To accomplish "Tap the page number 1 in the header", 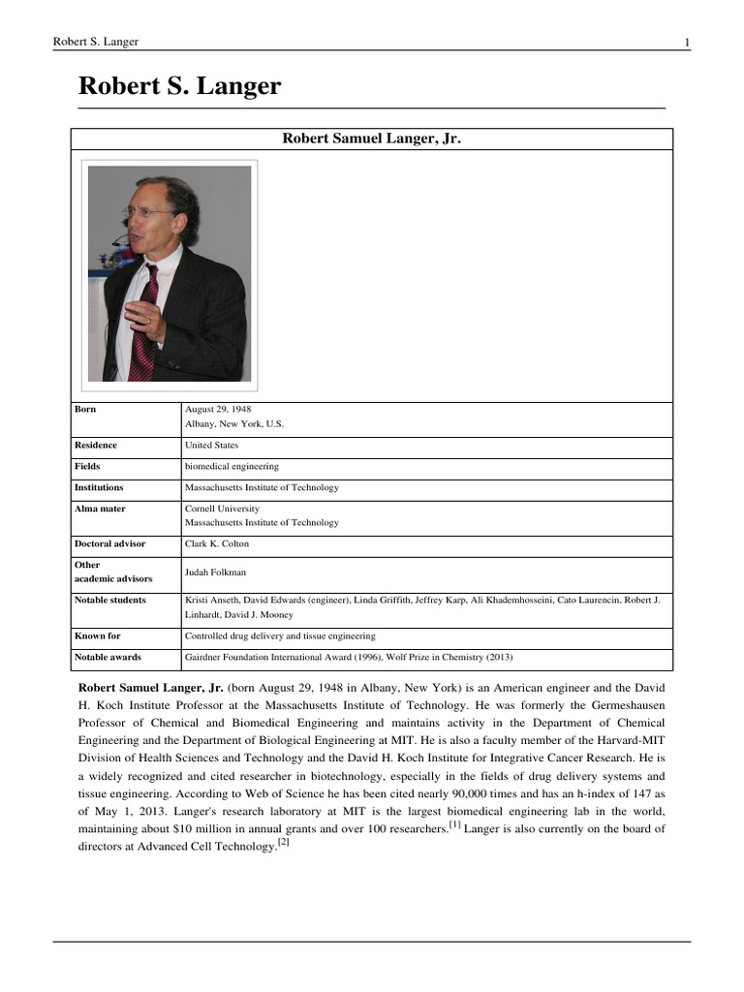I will click(x=687, y=42).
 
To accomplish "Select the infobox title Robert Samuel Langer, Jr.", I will click(x=371, y=139).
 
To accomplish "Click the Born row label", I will click(x=85, y=410).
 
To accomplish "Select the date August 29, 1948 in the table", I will click(x=218, y=410).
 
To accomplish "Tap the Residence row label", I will click(x=96, y=446).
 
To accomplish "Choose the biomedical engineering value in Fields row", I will click(x=232, y=467).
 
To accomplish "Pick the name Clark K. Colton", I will click(x=217, y=544).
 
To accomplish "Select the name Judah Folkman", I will click(x=217, y=573).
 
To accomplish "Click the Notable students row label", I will click(x=110, y=601).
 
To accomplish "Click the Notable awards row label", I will click(x=108, y=658).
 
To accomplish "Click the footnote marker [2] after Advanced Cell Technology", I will click(x=283, y=843).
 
